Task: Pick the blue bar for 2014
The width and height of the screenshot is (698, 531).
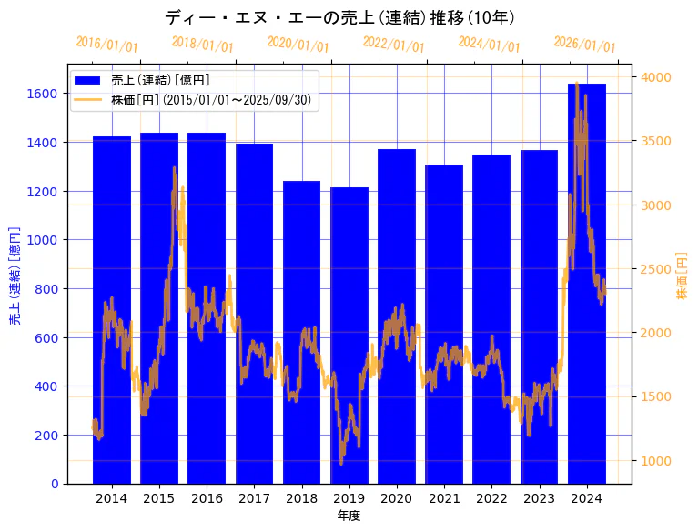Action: [112, 309]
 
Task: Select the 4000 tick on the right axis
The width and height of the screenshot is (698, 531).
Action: [657, 77]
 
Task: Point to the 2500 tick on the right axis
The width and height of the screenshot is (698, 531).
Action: [657, 269]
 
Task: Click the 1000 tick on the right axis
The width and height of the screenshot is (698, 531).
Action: [657, 461]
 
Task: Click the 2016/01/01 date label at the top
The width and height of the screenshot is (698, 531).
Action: [106, 45]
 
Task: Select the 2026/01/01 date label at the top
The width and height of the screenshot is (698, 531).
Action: [584, 45]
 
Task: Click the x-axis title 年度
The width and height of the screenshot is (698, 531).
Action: [349, 516]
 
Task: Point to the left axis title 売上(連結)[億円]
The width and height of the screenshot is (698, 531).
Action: [15, 276]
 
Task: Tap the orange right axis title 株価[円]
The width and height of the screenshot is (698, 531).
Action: [682, 276]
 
